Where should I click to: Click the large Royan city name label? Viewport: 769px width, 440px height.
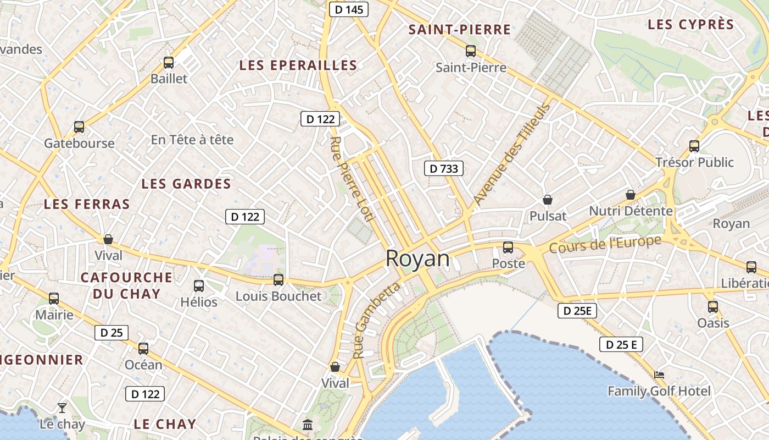[417, 258]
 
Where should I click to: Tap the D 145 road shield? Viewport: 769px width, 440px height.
[348, 9]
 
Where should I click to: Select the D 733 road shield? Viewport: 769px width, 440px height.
[443, 168]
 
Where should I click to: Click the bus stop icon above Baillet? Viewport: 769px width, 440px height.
[169, 63]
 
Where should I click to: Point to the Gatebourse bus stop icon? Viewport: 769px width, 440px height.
[79, 127]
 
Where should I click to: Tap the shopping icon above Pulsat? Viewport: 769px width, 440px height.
[547, 199]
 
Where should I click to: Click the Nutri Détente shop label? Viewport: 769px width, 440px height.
[631, 211]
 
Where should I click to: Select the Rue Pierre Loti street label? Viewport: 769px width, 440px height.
[352, 179]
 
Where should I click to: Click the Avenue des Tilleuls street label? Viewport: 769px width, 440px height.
[511, 154]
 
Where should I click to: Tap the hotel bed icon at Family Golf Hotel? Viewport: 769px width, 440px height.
[659, 375]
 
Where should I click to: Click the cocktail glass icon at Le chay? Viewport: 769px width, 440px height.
[62, 408]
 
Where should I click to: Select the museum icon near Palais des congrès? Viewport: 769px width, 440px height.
[308, 425]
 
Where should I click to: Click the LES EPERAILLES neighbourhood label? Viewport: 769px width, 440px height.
[298, 65]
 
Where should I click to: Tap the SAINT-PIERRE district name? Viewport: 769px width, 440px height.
[460, 30]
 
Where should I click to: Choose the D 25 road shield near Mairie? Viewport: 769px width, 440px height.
[111, 332]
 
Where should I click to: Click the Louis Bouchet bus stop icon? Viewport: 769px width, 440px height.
[278, 279]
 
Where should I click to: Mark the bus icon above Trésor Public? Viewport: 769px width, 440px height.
[694, 146]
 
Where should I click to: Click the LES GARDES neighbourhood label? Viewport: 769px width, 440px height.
[186, 184]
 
